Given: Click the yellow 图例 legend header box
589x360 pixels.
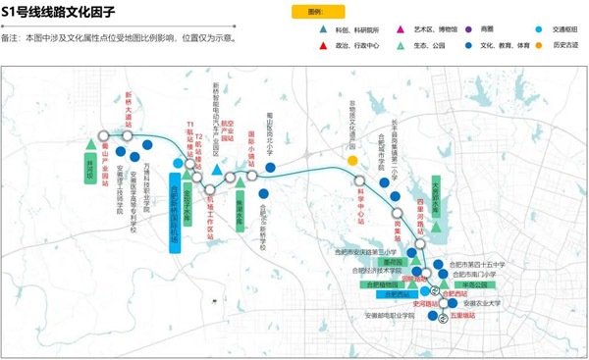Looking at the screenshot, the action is point(316,11).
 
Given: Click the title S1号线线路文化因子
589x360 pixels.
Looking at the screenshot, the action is point(58,13).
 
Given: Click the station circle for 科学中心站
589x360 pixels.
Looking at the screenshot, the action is point(359,180).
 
